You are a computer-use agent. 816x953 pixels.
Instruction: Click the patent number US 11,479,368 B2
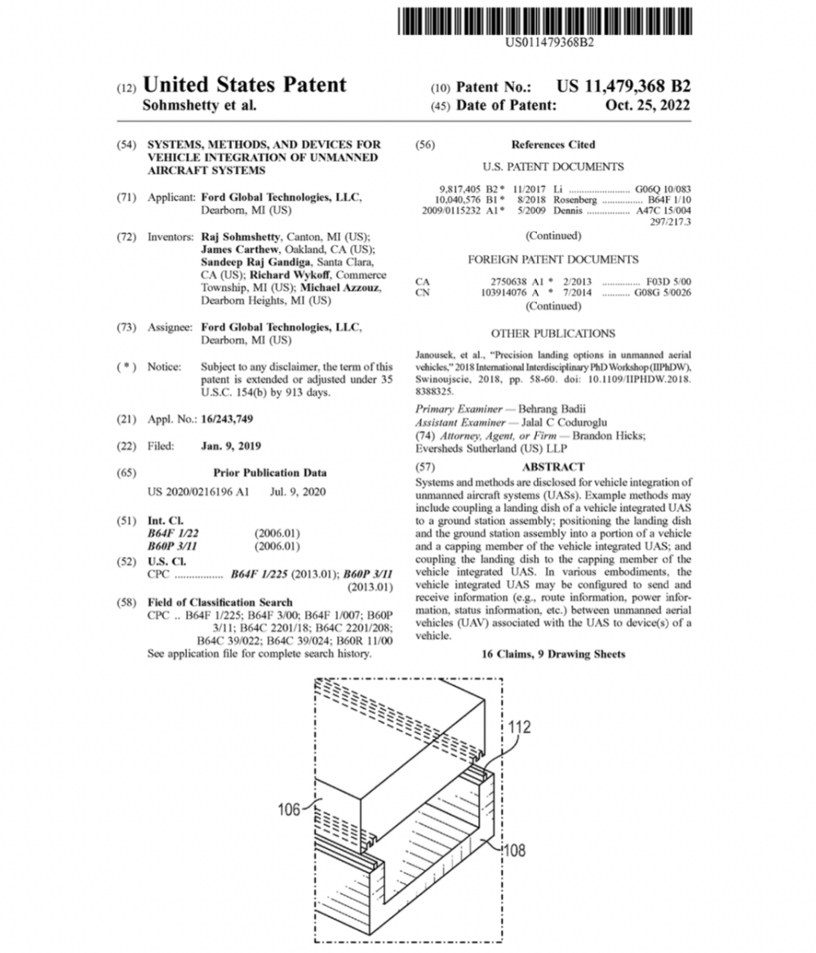623,86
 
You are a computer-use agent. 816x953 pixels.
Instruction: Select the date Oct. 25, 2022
648,105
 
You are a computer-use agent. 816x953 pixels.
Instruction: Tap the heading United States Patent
244,85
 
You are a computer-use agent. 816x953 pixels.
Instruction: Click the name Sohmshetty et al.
199,105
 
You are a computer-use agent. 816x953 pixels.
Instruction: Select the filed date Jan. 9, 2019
231,446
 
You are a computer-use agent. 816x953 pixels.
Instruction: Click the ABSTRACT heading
553,466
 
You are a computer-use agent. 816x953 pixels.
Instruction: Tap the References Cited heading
553,145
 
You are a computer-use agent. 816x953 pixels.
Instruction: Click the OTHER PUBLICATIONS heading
553,333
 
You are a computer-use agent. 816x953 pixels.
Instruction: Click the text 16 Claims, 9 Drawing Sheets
553,654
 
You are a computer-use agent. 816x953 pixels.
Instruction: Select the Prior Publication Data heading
270,472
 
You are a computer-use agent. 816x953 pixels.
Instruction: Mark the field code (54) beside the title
126,145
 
